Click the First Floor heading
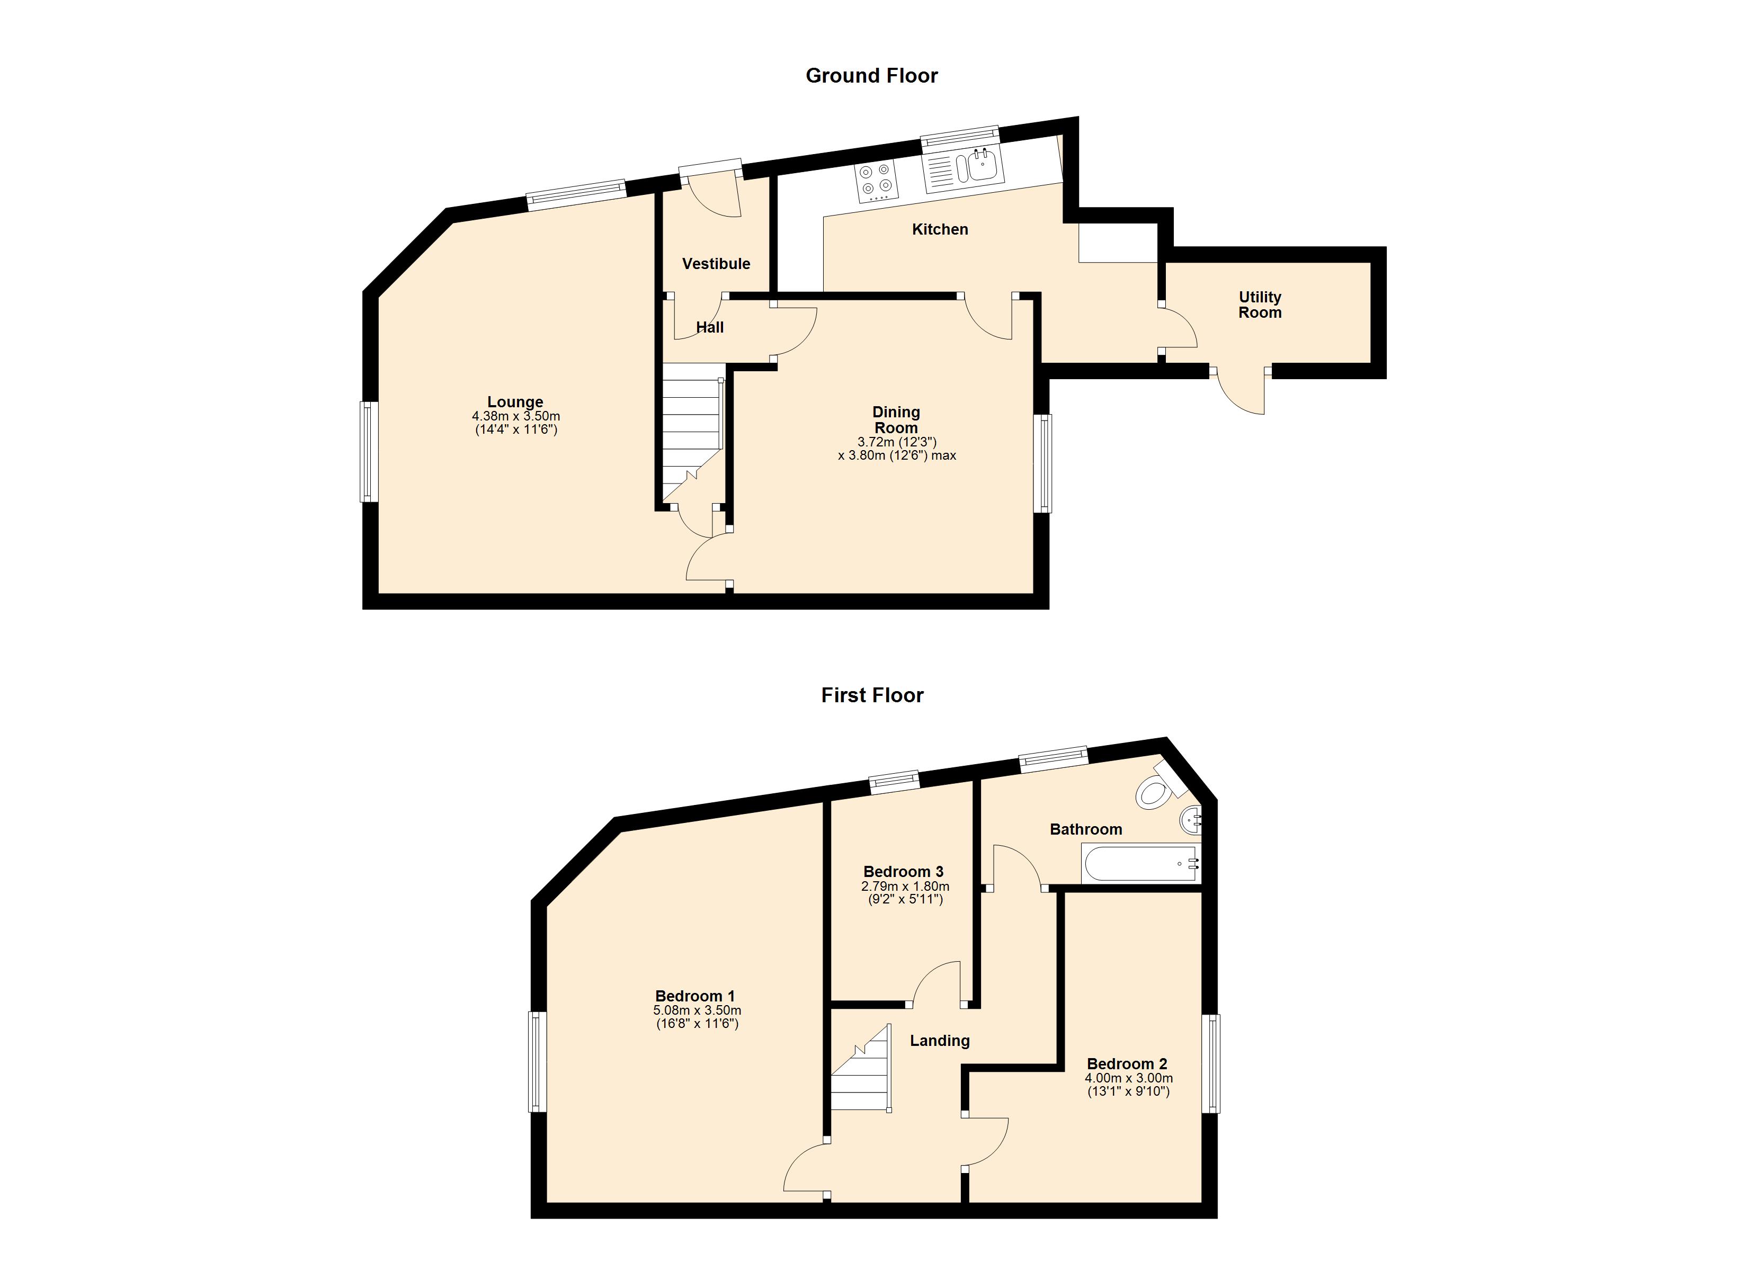(872, 695)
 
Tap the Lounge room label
(515, 401)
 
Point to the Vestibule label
(716, 264)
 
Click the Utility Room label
(1260, 305)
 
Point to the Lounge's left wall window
(369, 452)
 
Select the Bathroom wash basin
(1191, 821)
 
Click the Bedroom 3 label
(903, 872)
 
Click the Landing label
(940, 1041)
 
